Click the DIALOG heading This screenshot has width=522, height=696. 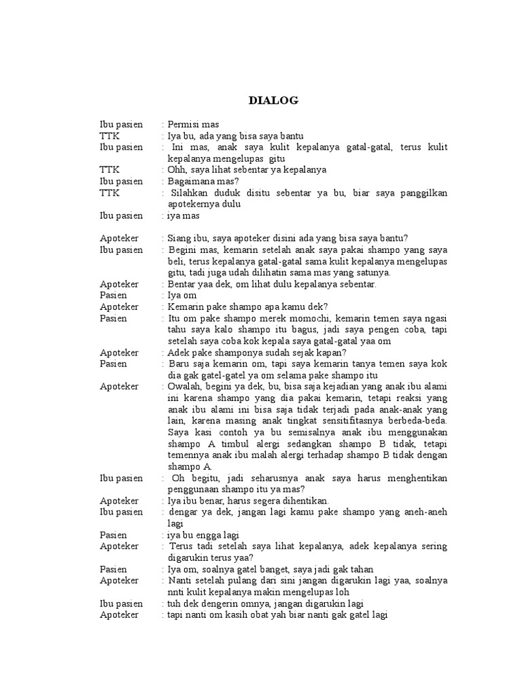pyautogui.click(x=273, y=101)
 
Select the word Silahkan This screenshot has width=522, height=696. pyautogui.click(x=192, y=193)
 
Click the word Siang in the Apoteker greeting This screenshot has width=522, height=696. pyautogui.click(x=180, y=239)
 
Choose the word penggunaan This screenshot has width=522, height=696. pyautogui.click(x=195, y=489)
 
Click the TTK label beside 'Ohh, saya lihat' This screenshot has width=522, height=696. pyautogui.click(x=109, y=170)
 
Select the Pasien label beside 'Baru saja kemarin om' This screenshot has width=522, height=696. pyautogui.click(x=114, y=364)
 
